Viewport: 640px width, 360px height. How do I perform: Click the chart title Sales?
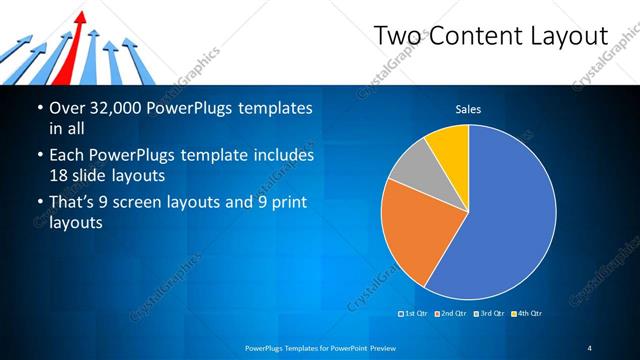coord(469,109)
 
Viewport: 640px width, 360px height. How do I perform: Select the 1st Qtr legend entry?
coord(415,313)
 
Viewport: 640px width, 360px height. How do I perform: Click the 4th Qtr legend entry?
coord(527,313)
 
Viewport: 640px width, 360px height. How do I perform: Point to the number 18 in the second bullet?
coord(60,175)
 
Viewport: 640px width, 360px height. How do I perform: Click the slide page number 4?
coord(589,348)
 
